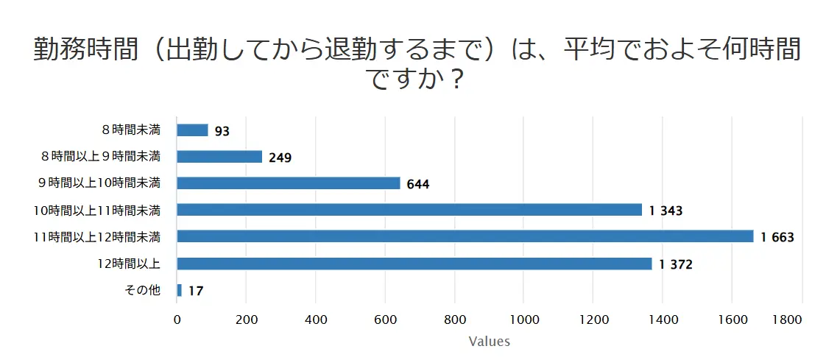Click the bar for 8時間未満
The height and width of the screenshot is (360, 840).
click(193, 130)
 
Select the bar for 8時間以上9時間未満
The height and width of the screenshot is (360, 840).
click(219, 157)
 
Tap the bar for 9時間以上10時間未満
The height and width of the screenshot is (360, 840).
click(289, 183)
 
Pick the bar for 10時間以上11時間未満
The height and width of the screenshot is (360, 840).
click(409, 210)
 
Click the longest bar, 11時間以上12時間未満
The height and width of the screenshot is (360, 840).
click(465, 236)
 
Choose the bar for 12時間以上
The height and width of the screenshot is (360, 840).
click(414, 264)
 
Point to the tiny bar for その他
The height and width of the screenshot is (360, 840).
click(180, 290)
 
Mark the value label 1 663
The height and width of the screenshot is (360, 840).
click(777, 238)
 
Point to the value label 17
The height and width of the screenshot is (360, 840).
click(196, 292)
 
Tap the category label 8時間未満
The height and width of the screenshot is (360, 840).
click(131, 130)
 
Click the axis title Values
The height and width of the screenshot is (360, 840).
click(489, 342)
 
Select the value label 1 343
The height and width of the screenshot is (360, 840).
click(666, 211)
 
